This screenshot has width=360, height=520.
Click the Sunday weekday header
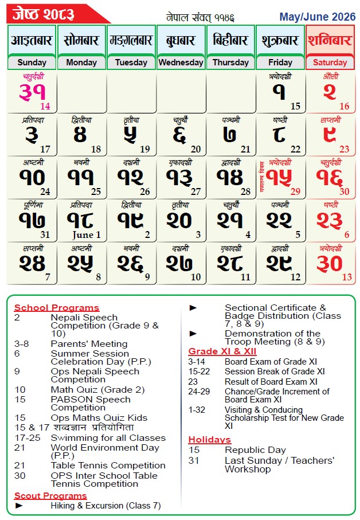(32, 62)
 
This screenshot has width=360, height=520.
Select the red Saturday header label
(330, 62)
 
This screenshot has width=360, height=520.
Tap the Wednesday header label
(181, 62)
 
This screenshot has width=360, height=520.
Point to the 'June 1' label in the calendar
(87, 235)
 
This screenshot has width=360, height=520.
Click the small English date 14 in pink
(45, 106)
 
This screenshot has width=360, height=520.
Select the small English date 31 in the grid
(45, 234)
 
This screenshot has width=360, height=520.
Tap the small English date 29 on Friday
(295, 191)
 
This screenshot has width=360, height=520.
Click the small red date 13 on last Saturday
(347, 277)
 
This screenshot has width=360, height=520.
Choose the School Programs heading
(56, 308)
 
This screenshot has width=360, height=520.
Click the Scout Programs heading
(50, 496)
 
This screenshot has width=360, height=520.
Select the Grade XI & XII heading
(222, 351)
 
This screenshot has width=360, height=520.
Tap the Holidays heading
(209, 440)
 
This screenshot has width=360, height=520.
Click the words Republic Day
(255, 450)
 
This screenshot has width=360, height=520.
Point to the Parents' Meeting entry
(89, 343)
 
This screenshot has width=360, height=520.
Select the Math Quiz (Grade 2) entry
(97, 390)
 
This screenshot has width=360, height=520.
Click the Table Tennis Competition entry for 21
(108, 465)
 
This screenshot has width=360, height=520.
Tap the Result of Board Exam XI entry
(271, 382)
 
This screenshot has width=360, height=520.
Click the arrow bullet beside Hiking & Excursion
(19, 506)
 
